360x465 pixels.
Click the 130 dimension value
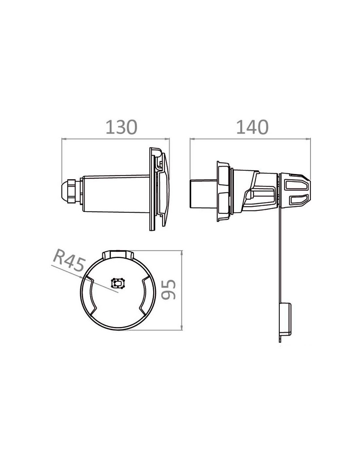coord(121,128)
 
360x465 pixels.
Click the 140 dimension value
coord(252,128)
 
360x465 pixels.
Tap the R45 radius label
coord(68,264)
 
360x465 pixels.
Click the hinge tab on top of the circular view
coord(118,254)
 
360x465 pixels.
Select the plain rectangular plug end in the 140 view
coord(204,194)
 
